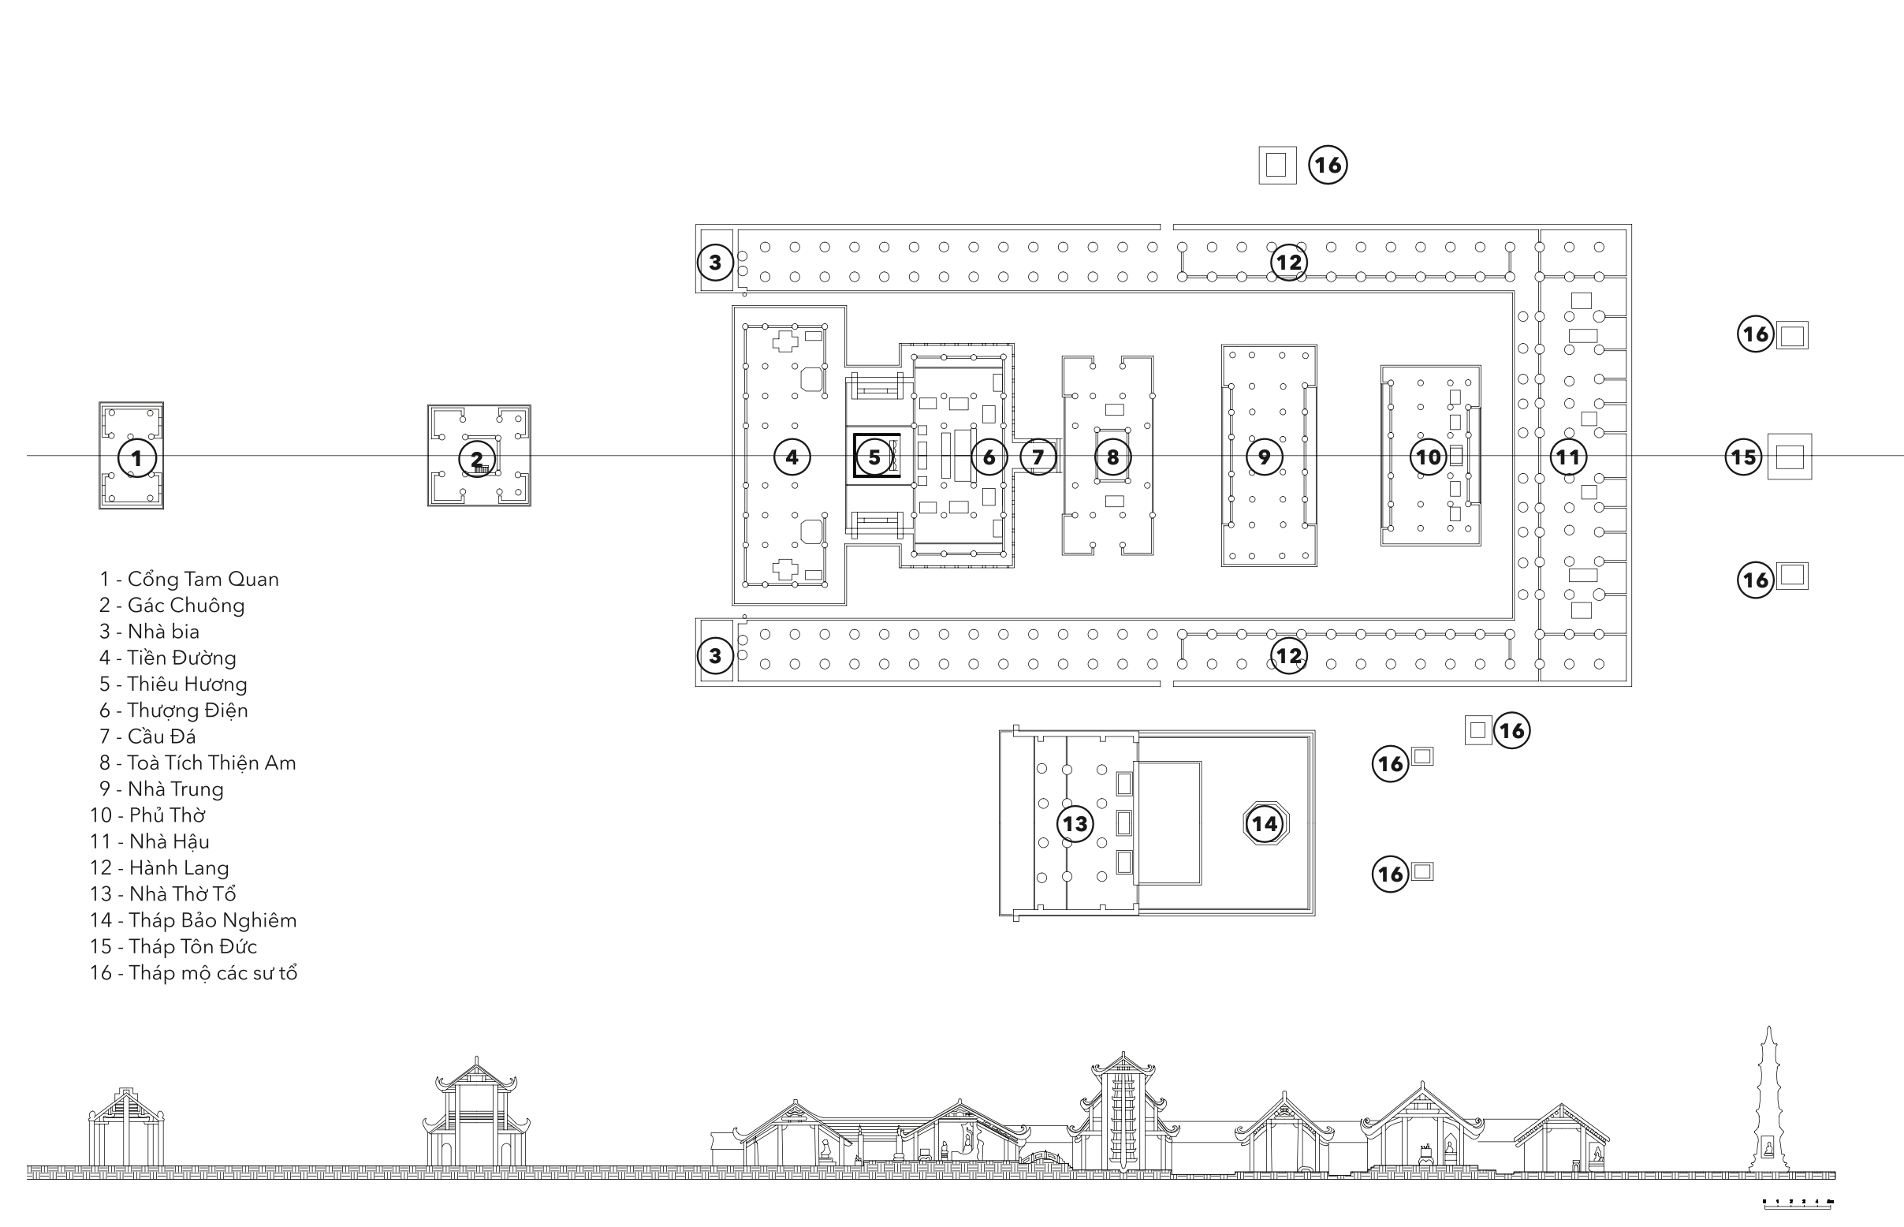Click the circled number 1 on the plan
137,458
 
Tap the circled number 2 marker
476,459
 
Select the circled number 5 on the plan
874,457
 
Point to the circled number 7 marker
1038,457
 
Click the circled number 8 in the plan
1112,457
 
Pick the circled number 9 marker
1264,457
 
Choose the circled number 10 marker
1428,457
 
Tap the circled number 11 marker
1568,457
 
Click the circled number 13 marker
1075,823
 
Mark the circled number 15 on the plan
1743,457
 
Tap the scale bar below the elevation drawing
1798,1203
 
